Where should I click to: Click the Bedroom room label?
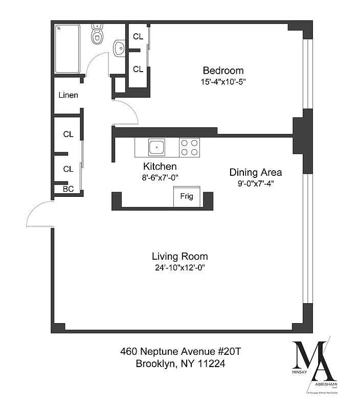pos(223,71)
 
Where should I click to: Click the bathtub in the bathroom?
pos(67,49)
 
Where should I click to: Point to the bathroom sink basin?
pos(119,48)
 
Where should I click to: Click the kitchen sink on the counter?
pos(156,148)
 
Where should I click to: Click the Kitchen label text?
pos(160,167)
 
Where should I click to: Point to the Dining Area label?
pos(255,172)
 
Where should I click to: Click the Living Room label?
pos(179,257)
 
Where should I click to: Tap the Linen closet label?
pos(68,95)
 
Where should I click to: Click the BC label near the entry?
pos(68,189)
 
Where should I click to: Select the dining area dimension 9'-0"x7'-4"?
pos(255,184)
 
